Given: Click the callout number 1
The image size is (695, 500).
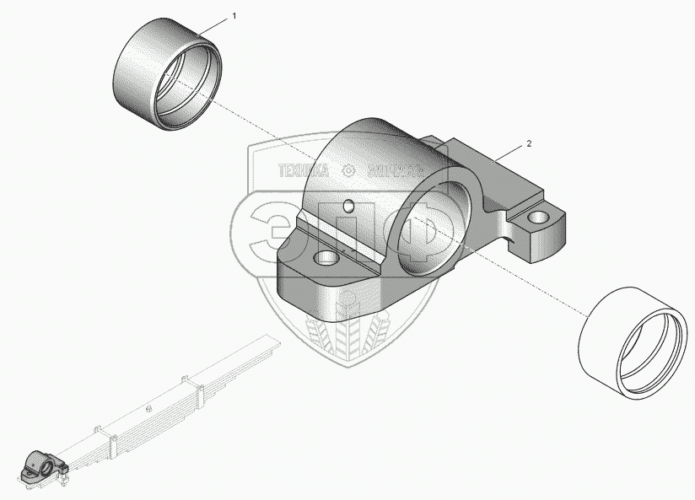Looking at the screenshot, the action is click(x=234, y=16).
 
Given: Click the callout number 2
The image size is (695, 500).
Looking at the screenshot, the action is click(x=529, y=144).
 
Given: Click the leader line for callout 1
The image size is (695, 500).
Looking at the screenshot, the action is click(x=216, y=24).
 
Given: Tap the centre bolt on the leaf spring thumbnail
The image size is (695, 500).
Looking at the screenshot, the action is click(x=148, y=408).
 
